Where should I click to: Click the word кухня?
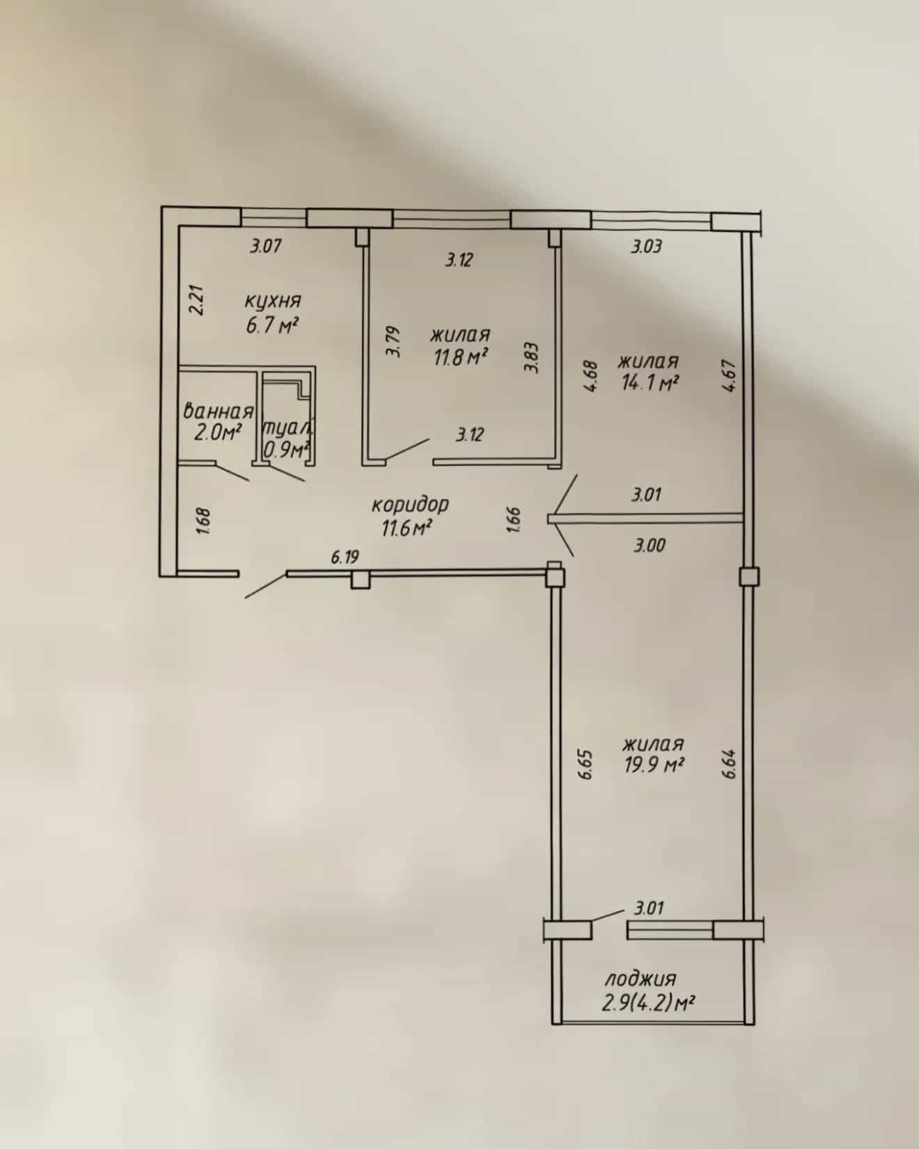click(272, 302)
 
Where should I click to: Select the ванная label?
click(218, 411)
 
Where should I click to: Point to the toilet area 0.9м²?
click(285, 450)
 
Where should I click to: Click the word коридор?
click(410, 505)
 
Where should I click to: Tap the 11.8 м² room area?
click(458, 358)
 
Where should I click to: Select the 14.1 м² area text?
click(649, 383)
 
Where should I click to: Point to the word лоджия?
click(640, 978)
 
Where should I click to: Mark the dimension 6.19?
click(345, 556)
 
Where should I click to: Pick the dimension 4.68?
click(592, 376)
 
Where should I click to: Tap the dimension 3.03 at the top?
click(646, 246)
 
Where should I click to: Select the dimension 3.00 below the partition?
click(650, 545)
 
